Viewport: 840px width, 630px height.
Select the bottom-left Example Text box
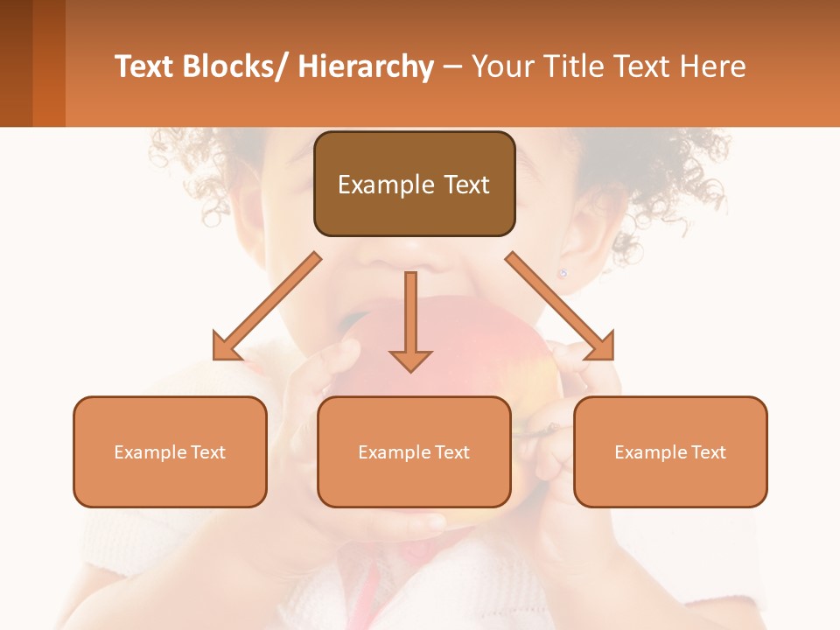(x=170, y=451)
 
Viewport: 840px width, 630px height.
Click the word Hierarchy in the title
(x=366, y=66)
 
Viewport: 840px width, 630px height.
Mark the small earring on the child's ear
(x=563, y=273)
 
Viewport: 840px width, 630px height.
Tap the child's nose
(x=411, y=254)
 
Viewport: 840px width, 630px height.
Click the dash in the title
(x=452, y=66)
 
